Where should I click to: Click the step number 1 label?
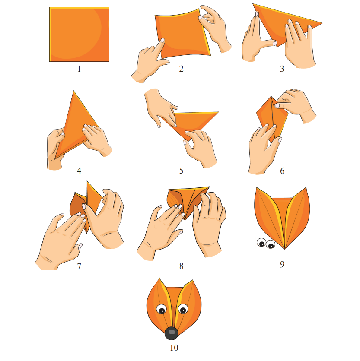(x=79, y=69)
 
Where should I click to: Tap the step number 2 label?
(x=182, y=69)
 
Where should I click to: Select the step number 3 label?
(x=282, y=69)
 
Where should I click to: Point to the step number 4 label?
(x=79, y=171)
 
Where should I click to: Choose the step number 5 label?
(x=182, y=171)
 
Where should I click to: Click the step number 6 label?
(x=282, y=171)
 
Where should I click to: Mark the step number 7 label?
(x=79, y=266)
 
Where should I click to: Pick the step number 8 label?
(x=182, y=266)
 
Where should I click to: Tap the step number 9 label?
(x=282, y=264)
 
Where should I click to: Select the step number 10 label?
(x=174, y=348)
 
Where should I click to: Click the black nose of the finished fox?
(x=172, y=333)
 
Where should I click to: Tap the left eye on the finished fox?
(x=162, y=309)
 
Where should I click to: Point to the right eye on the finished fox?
(x=183, y=309)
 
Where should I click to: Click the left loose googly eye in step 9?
(x=261, y=242)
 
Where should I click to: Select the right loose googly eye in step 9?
(x=271, y=244)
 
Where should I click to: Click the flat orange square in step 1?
(x=79, y=34)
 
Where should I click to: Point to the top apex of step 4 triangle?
(x=74, y=91)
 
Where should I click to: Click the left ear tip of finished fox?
(x=160, y=278)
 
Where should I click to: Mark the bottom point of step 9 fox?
(x=285, y=249)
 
